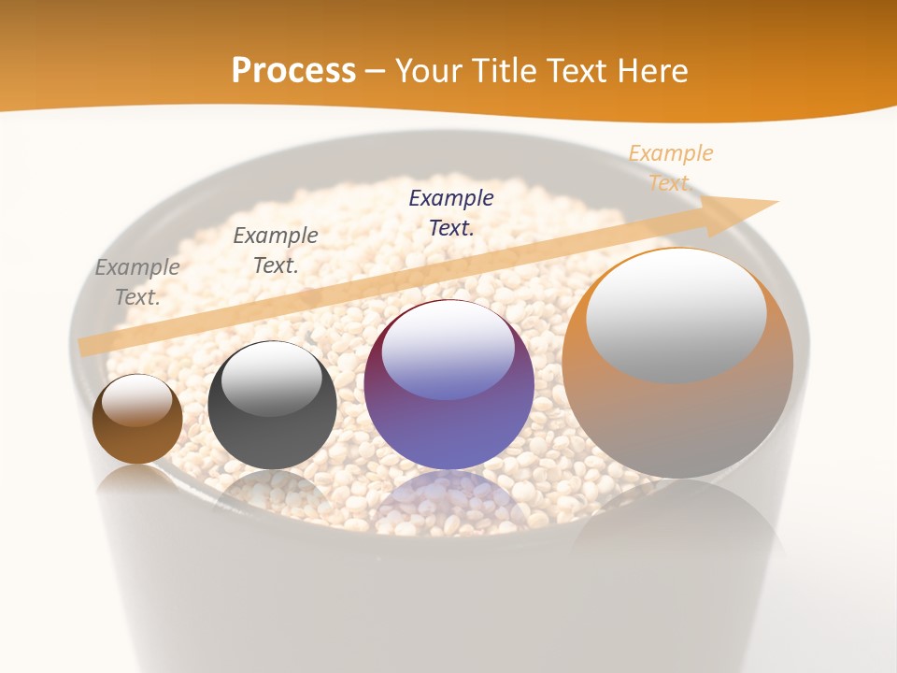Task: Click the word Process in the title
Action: coord(293,71)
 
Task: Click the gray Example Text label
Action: coord(137,281)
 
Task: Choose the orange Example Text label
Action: coord(670,167)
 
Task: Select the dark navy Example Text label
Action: coord(451,212)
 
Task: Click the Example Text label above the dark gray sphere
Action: coord(276,250)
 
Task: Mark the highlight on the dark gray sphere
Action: coord(271,379)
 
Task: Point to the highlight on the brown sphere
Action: coord(136,400)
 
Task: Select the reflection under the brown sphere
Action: coord(137,481)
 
